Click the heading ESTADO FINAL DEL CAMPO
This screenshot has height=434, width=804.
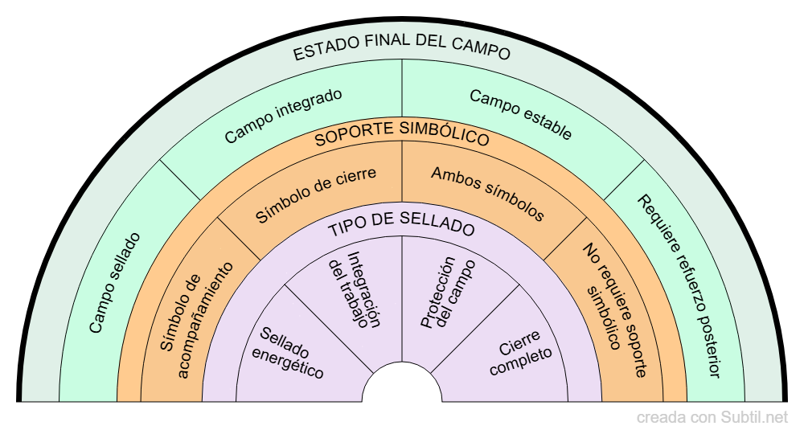[402, 52]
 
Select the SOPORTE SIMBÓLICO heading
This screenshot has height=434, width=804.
[402, 134]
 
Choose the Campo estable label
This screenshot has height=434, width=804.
[521, 114]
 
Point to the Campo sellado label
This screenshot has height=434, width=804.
[114, 283]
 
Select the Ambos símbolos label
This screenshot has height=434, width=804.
[487, 194]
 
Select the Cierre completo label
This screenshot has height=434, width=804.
[519, 354]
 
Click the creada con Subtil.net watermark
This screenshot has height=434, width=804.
[712, 418]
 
